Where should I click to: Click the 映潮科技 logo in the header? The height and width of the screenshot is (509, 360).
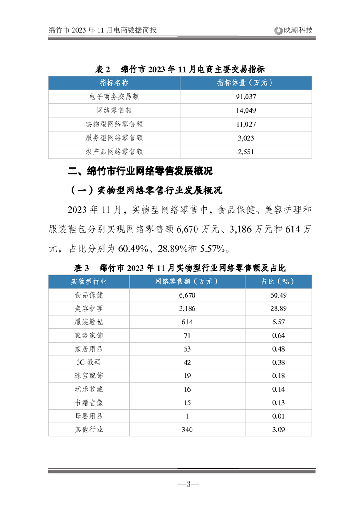coord(294,30)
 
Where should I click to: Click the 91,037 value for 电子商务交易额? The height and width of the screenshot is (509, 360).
coord(246,97)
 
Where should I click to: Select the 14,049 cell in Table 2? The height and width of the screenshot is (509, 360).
coord(246,110)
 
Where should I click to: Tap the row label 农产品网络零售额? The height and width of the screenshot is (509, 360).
coord(114,152)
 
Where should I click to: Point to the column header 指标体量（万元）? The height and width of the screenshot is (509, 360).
coord(246,83)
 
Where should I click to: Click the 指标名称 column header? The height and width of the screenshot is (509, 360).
coord(114,83)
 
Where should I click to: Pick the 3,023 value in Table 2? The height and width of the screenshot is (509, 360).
coord(246,138)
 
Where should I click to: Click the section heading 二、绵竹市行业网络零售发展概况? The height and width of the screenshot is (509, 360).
coord(140,172)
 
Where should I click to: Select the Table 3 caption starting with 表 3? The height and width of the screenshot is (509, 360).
coord(180,268)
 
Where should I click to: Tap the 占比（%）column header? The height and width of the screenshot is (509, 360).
coord(278,281)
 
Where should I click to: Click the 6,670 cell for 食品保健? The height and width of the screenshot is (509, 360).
coord(187,295)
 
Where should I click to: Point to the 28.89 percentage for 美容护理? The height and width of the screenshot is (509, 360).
coord(278,308)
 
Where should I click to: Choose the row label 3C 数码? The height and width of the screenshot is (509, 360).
coord(89,362)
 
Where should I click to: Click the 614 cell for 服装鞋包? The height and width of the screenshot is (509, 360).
coord(187,322)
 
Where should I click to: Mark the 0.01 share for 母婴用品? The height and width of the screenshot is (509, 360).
coord(278,416)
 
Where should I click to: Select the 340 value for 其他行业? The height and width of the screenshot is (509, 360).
coord(187,429)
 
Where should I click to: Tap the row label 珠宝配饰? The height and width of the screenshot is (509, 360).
coord(89,376)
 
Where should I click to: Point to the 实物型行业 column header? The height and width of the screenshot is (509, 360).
coord(89,281)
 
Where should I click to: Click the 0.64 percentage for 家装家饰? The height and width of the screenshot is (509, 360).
coord(278,335)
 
